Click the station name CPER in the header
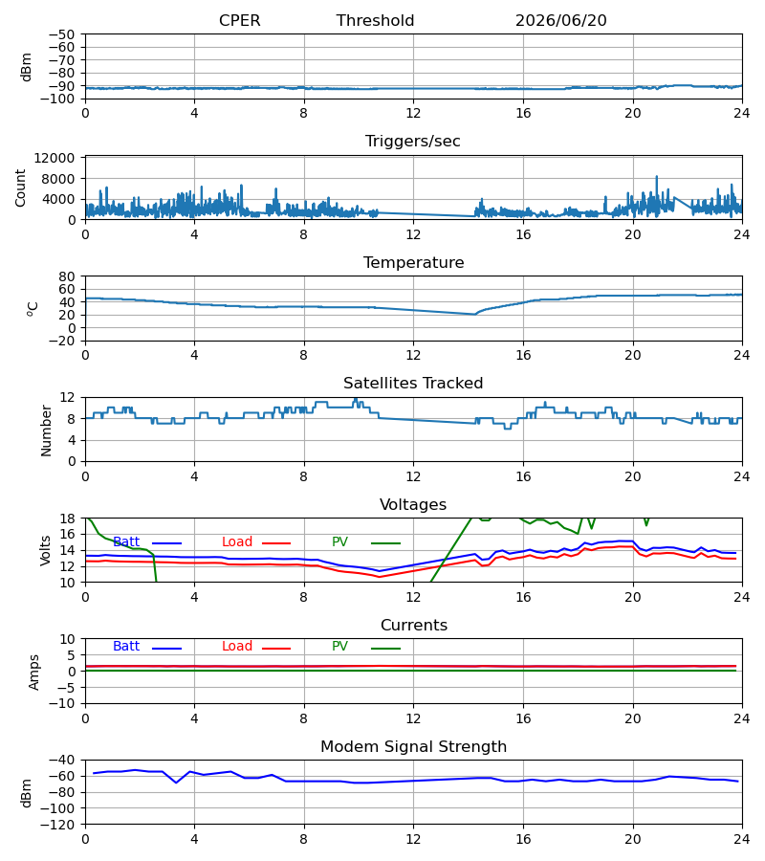[239, 21]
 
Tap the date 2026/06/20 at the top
[561, 21]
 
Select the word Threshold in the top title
[376, 21]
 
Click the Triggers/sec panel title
[413, 142]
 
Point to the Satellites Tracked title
[413, 384]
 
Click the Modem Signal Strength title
[413, 747]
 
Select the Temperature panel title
[413, 262]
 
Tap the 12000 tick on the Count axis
[55, 158]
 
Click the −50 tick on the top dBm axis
[62, 34]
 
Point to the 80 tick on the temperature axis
[67, 276]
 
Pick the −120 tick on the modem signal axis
[58, 825]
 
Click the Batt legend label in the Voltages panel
[126, 542]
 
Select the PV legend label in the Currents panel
[339, 647]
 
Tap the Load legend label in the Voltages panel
[237, 542]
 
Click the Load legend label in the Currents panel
[237, 647]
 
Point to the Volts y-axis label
[45, 550]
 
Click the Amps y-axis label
[34, 672]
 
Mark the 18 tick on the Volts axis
[67, 519]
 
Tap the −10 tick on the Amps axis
[62, 704]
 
